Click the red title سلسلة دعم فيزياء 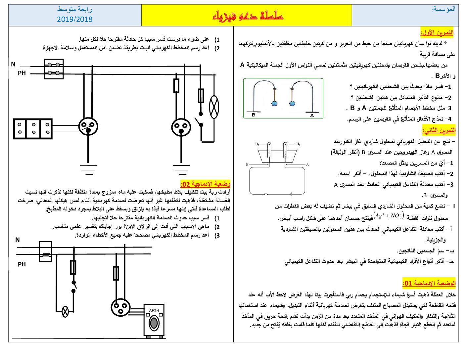[x=248, y=16]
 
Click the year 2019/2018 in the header [x=74, y=19]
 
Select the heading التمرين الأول [x=437, y=33]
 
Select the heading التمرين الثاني [x=439, y=130]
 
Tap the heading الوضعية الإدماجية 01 [x=429, y=283]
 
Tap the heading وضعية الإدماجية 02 [x=205, y=184]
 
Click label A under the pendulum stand [x=312, y=115]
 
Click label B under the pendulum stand [x=254, y=115]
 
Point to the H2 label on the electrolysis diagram [x=257, y=144]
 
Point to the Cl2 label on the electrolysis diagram [x=298, y=144]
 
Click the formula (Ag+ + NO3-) [x=389, y=215]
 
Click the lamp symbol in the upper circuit [x=214, y=107]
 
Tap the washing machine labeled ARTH [x=154, y=321]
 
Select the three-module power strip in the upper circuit [x=33, y=129]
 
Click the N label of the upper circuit [x=13, y=64]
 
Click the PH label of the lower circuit [x=22, y=264]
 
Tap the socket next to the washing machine [x=120, y=307]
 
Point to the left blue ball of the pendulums [x=274, y=104]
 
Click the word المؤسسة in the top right [x=443, y=9]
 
